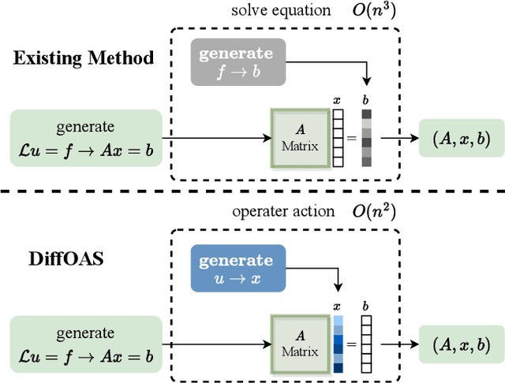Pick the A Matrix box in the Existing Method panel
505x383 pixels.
[x=300, y=139]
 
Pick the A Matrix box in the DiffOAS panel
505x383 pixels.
[x=300, y=344]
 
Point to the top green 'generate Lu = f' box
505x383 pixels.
[x=86, y=138]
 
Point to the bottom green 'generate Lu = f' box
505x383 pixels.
[x=86, y=344]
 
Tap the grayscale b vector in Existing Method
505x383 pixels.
[x=365, y=138]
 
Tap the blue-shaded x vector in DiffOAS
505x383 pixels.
[x=339, y=344]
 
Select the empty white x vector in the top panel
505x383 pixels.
[x=339, y=138]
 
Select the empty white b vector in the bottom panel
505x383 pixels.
[x=365, y=344]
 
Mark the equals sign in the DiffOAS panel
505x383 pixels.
[x=352, y=344]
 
